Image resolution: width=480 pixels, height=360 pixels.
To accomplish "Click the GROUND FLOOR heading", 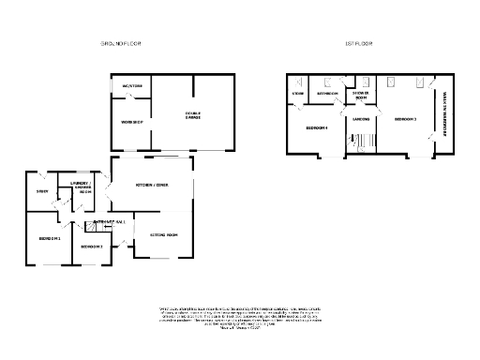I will [x=122, y=44].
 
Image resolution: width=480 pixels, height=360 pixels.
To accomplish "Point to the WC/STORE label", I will [x=131, y=86].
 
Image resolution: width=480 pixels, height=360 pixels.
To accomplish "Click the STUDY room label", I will [x=42, y=192].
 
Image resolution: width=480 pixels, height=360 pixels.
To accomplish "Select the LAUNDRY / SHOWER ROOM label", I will [x=80, y=186].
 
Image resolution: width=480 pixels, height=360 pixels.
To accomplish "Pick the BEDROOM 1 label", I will [x=50, y=238].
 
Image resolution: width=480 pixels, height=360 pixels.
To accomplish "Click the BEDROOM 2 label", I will [x=92, y=247].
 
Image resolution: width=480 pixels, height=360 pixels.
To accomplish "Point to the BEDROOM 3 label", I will [x=405, y=120].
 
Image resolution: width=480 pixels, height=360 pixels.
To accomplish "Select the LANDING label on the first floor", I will [x=361, y=119].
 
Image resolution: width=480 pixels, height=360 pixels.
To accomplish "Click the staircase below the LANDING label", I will [x=361, y=141].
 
